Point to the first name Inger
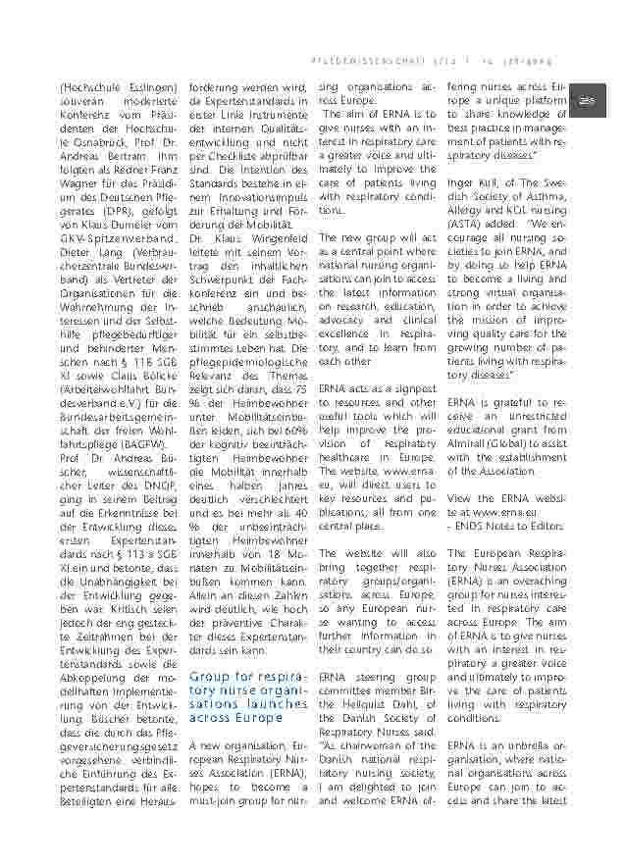point(461,182)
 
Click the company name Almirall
point(469,442)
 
